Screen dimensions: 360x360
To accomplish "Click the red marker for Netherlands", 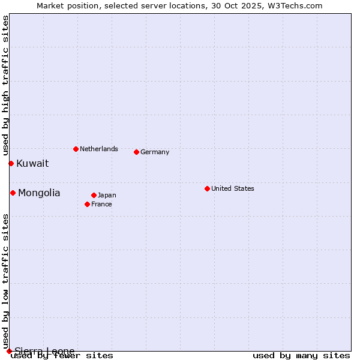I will [x=76, y=149].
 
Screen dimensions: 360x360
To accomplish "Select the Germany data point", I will [x=137, y=152].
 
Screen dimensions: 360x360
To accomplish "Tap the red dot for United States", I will [x=207, y=188].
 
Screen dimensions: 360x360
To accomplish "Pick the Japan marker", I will [x=94, y=195].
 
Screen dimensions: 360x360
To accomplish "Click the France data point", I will [x=88, y=204].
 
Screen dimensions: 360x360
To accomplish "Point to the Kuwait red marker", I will [x=11, y=163].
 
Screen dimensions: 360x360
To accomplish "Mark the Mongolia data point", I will [x=13, y=193].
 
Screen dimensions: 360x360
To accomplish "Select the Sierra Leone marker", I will [x=9, y=351].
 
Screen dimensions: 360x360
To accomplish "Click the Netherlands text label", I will [x=99, y=149].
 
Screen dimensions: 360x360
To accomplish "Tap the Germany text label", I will [x=155, y=152].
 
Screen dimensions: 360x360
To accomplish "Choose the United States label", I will [x=233, y=188].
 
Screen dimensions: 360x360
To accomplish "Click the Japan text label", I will [x=107, y=195].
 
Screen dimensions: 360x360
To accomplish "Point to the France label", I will [x=101, y=204].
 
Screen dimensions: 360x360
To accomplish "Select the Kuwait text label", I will [x=32, y=163].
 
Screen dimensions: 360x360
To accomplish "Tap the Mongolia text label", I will [x=39, y=193].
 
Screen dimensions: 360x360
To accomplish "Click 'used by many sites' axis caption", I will [x=301, y=355].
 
